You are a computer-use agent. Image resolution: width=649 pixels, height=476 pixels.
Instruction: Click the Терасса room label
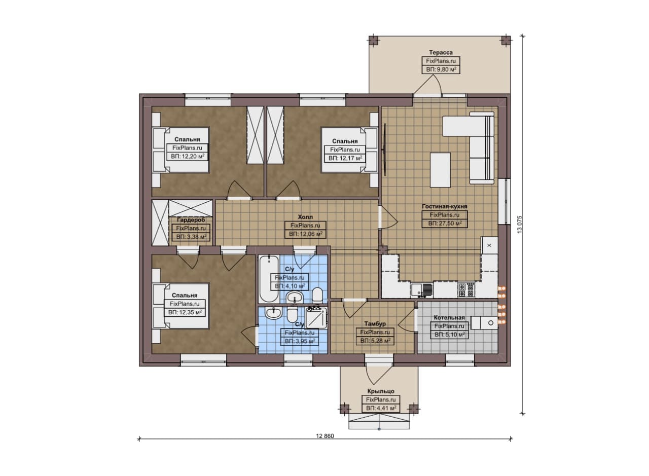click(x=441, y=52)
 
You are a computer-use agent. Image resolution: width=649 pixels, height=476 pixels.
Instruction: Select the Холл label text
click(x=305, y=216)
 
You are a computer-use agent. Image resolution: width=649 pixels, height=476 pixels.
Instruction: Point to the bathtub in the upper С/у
click(x=269, y=279)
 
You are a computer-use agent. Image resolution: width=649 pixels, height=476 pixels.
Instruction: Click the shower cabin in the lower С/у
click(x=316, y=318)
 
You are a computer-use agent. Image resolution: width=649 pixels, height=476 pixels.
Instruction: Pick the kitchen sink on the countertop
click(x=422, y=290)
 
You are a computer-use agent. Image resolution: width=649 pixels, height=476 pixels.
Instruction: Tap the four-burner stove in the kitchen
click(x=466, y=290)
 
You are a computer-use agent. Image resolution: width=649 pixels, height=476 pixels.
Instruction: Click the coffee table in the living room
click(x=440, y=170)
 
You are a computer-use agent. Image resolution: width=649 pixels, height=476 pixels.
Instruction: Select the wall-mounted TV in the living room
click(x=385, y=149)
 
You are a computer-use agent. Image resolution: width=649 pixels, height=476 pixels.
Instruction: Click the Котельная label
click(x=449, y=317)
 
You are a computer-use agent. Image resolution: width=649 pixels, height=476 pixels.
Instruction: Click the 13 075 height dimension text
click(x=520, y=224)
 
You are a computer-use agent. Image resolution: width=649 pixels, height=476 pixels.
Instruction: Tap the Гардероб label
click(x=191, y=220)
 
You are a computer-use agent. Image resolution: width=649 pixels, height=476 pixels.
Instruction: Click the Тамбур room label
click(x=375, y=323)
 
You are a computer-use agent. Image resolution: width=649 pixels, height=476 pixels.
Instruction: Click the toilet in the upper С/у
click(x=317, y=295)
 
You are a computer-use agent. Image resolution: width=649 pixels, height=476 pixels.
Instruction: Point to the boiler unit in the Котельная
click(x=484, y=322)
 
